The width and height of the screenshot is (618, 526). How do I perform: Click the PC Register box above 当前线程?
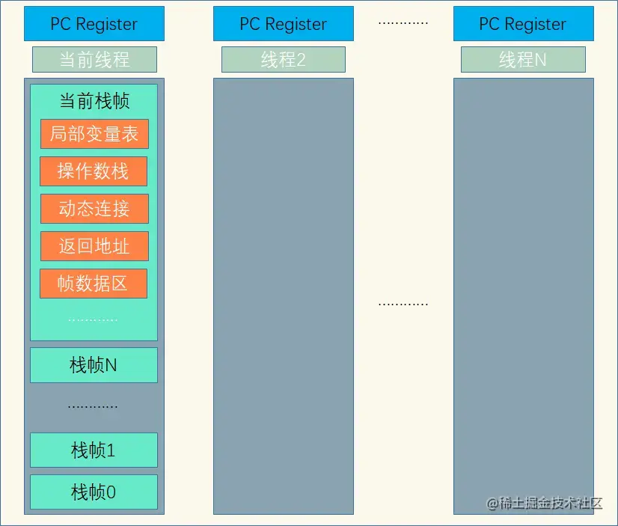coord(94,24)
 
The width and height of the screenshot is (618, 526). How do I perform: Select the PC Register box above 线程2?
coord(283,24)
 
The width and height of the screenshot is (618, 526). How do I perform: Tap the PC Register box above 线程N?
coord(523,24)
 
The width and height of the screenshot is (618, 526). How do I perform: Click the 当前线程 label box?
coord(94,60)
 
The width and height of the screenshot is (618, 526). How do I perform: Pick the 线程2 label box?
coord(283,60)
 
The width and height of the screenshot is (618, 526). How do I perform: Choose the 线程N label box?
coord(523,60)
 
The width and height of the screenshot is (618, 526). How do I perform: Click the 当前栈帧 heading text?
coord(94,102)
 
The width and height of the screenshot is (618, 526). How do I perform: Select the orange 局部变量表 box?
coord(94,134)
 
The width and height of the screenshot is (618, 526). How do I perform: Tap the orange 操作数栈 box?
coord(94,171)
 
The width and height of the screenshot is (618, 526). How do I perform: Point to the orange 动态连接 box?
coord(94,209)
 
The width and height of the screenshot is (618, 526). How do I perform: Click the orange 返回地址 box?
coord(94,246)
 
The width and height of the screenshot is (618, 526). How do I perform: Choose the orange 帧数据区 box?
coord(94,284)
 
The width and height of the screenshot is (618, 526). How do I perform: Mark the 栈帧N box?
coord(94,365)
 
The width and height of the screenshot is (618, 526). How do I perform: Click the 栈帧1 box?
coord(94,450)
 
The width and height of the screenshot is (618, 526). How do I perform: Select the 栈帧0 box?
coord(94,492)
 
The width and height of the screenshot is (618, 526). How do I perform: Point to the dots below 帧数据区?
coord(93,319)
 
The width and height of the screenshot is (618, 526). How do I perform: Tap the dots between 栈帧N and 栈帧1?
coord(93,406)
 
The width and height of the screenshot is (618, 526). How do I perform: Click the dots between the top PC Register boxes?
coord(403,22)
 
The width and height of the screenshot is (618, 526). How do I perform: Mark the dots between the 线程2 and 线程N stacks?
coord(403,304)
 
